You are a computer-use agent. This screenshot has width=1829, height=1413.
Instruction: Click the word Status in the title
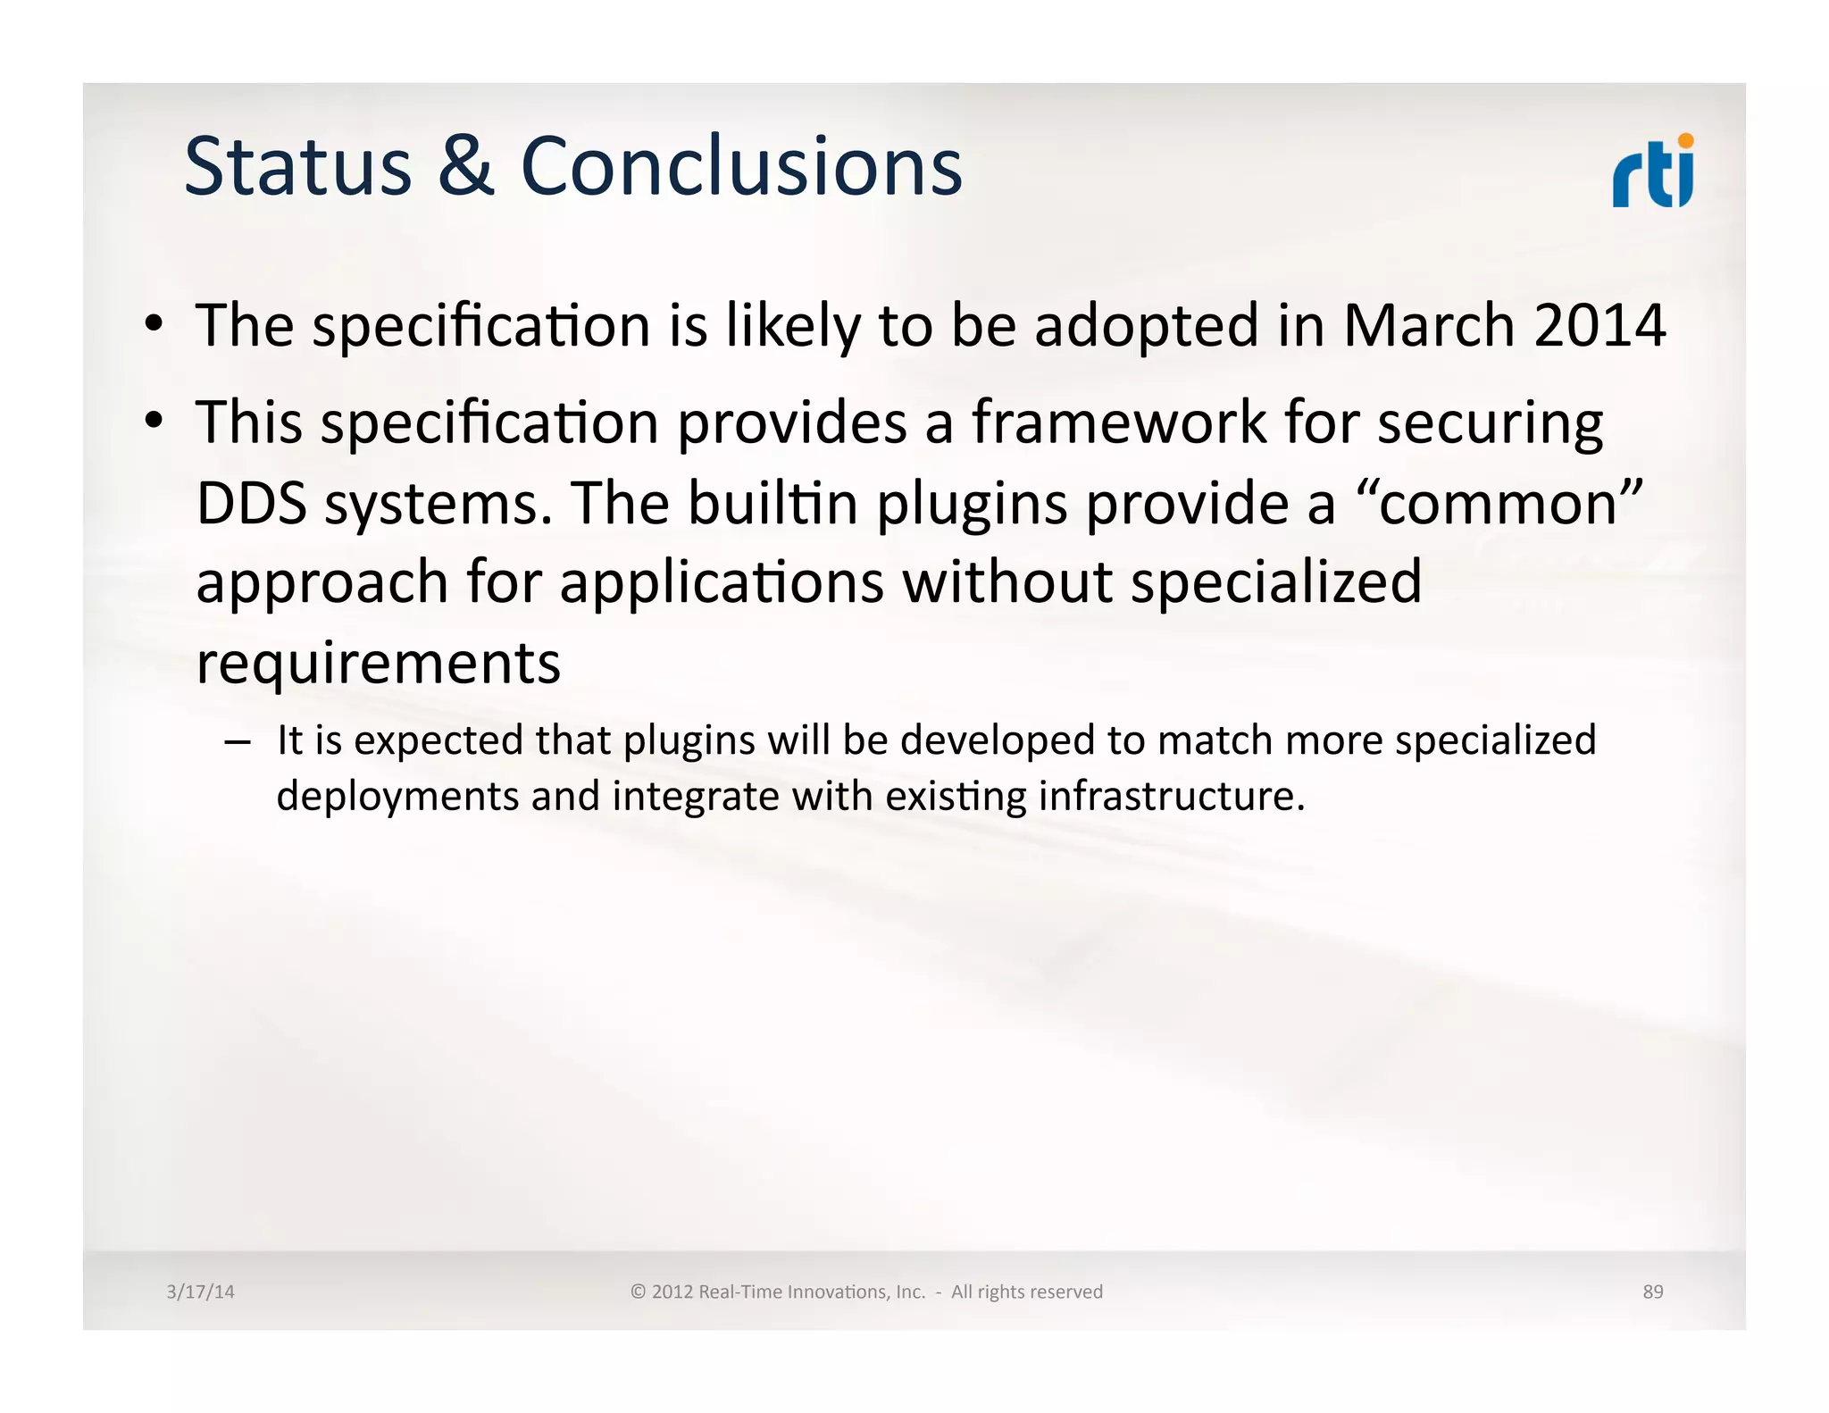(297, 167)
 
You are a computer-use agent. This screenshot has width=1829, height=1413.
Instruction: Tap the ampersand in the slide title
(465, 167)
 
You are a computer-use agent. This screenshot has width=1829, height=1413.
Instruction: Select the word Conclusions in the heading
(741, 167)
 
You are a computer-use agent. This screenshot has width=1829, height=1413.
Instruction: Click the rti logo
(1652, 174)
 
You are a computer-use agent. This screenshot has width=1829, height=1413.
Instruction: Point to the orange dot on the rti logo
(1685, 141)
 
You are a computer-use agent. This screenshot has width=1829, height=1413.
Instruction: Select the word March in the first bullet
(1428, 325)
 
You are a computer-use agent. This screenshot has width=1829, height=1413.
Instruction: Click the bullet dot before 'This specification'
(155, 419)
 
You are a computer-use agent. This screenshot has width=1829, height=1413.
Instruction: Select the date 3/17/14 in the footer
(200, 1292)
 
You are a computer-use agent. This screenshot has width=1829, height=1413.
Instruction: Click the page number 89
(1652, 1292)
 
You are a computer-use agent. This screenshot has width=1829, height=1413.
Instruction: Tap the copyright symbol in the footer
(638, 1292)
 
